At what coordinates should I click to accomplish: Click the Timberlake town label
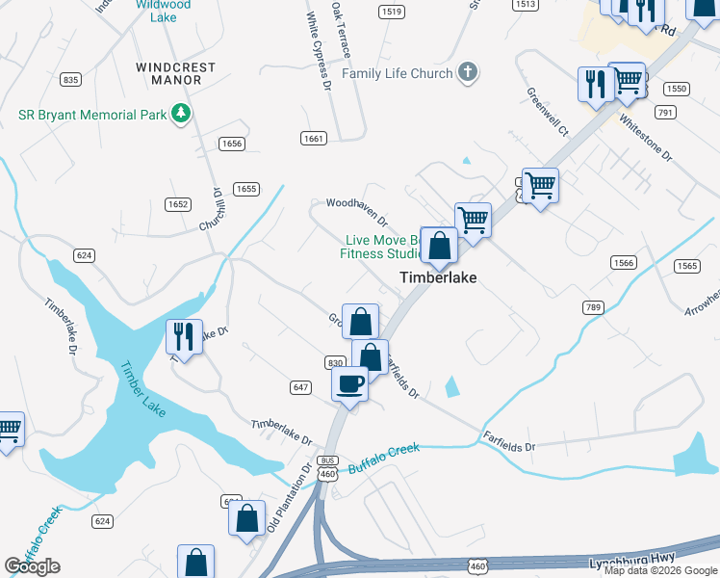(439, 277)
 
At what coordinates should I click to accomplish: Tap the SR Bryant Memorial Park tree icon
(180, 115)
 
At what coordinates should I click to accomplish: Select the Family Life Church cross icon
(468, 73)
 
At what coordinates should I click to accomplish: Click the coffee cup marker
(349, 383)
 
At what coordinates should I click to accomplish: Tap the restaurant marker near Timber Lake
(184, 336)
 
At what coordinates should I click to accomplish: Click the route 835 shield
(69, 79)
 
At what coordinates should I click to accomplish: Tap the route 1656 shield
(231, 144)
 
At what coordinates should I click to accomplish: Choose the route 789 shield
(592, 307)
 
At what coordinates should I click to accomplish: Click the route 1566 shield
(625, 263)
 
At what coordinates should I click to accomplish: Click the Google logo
(32, 566)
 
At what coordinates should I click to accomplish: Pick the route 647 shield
(298, 386)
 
